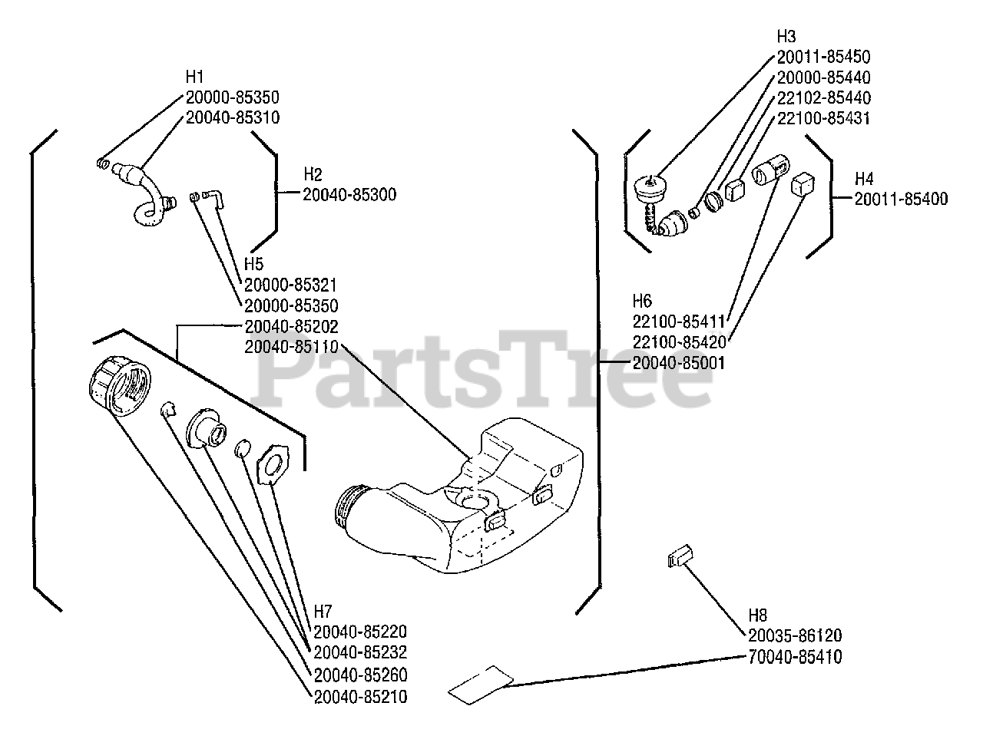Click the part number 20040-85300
pyautogui.click(x=349, y=195)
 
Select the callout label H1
pyautogui.click(x=195, y=77)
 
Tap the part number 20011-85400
pyautogui.click(x=901, y=199)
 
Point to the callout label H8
pyautogui.click(x=757, y=615)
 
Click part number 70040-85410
pyautogui.click(x=795, y=657)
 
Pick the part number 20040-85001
pyautogui.click(x=678, y=362)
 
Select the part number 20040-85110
pyautogui.click(x=291, y=347)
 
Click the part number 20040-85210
pyautogui.click(x=360, y=697)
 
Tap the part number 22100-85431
pyautogui.click(x=823, y=118)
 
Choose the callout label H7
pyautogui.click(x=323, y=612)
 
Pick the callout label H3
pyautogui.click(x=786, y=36)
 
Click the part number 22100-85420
pyautogui.click(x=678, y=341)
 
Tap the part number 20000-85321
pyautogui.click(x=291, y=285)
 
